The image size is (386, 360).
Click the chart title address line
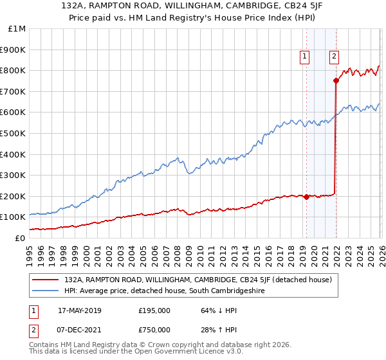[x=193, y=6]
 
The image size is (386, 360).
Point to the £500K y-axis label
[x=13, y=134]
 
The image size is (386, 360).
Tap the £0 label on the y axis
[x=19, y=238]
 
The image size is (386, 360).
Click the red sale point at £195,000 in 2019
[x=306, y=197]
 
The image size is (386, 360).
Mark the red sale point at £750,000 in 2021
[x=336, y=80]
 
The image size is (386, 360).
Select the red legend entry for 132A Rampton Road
[x=198, y=280]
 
